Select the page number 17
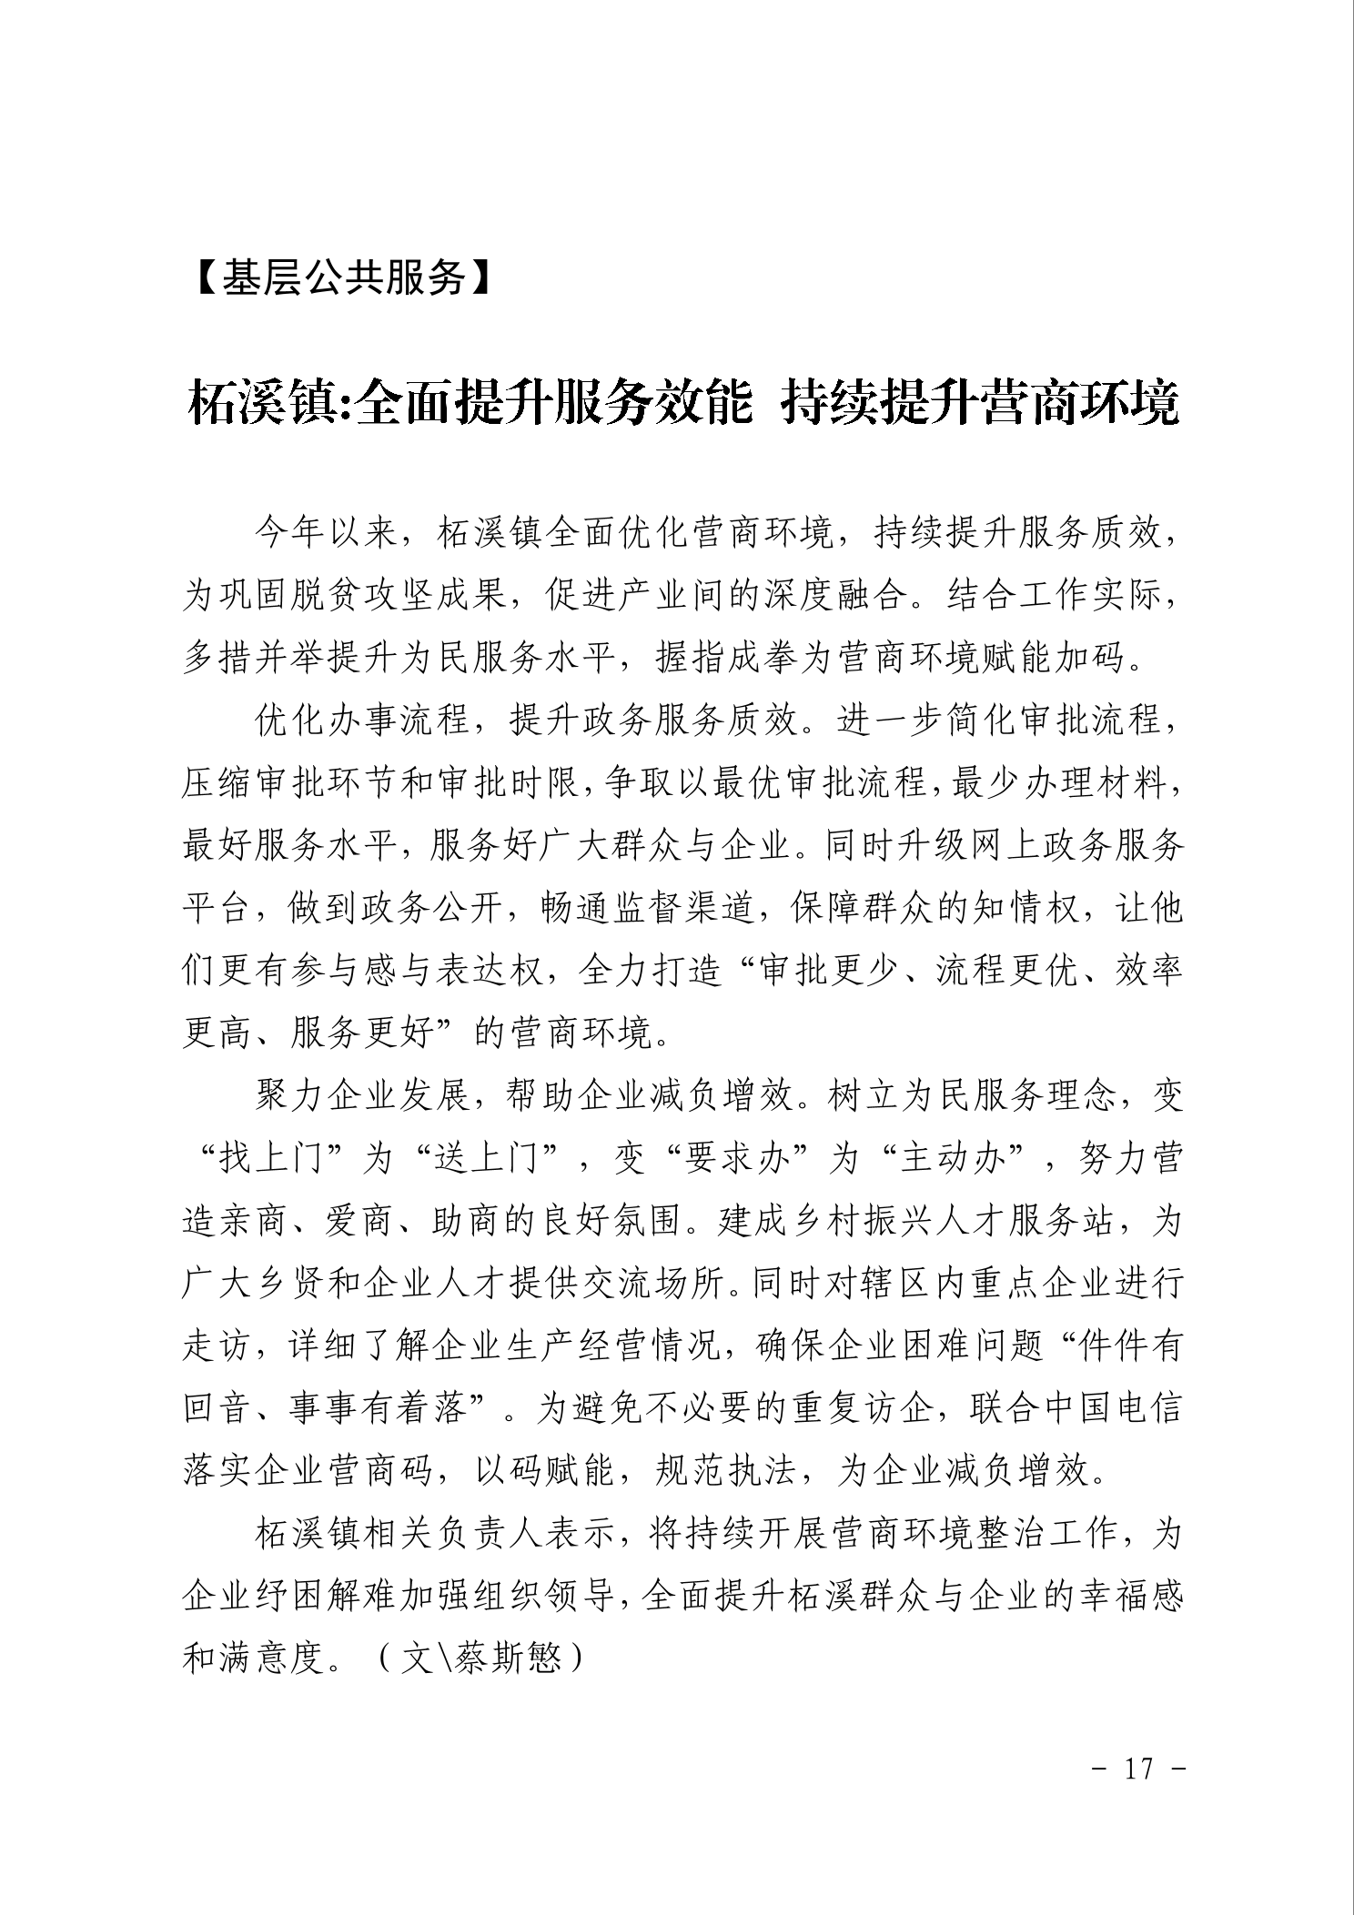click(1138, 1769)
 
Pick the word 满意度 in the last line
click(273, 1660)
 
